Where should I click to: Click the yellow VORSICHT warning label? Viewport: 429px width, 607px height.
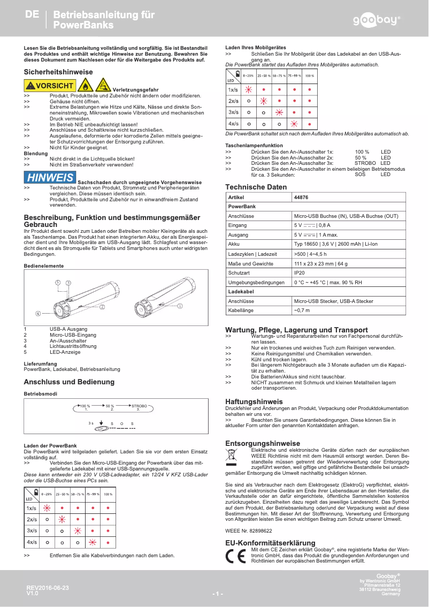(50, 86)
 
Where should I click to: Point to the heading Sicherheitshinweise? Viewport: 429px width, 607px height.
(58, 72)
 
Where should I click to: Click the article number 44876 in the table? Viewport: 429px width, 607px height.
(301, 197)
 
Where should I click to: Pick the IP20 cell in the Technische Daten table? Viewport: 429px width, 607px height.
(300, 272)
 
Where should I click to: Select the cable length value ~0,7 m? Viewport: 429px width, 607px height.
(302, 310)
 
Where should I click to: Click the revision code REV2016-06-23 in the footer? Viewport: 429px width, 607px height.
(48, 588)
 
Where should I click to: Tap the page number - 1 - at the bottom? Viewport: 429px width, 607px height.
(217, 594)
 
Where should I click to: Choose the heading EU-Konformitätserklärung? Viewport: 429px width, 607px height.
(270, 543)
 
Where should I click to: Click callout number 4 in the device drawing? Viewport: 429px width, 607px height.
(38, 313)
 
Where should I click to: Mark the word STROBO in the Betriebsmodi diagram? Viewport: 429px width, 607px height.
(139, 406)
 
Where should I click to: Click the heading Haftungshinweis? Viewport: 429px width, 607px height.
(254, 401)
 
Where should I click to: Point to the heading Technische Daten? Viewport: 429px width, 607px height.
(256, 187)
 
